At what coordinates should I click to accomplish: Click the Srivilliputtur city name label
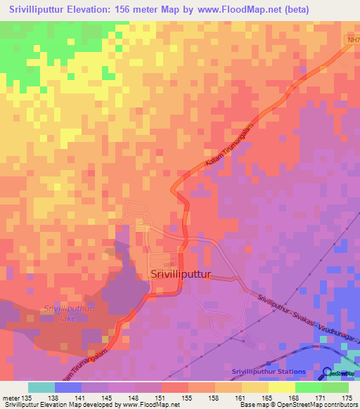pyautogui.click(x=181, y=276)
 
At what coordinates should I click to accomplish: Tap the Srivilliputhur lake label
pyautogui.click(x=68, y=313)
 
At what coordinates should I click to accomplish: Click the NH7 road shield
pyautogui.click(x=352, y=40)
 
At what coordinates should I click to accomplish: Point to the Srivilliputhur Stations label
pyautogui.click(x=268, y=372)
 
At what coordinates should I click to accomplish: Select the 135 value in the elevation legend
pyautogui.click(x=28, y=397)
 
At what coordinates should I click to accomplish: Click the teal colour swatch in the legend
pyautogui.click(x=41, y=387)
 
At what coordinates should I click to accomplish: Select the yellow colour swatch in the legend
pyautogui.click(x=282, y=387)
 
